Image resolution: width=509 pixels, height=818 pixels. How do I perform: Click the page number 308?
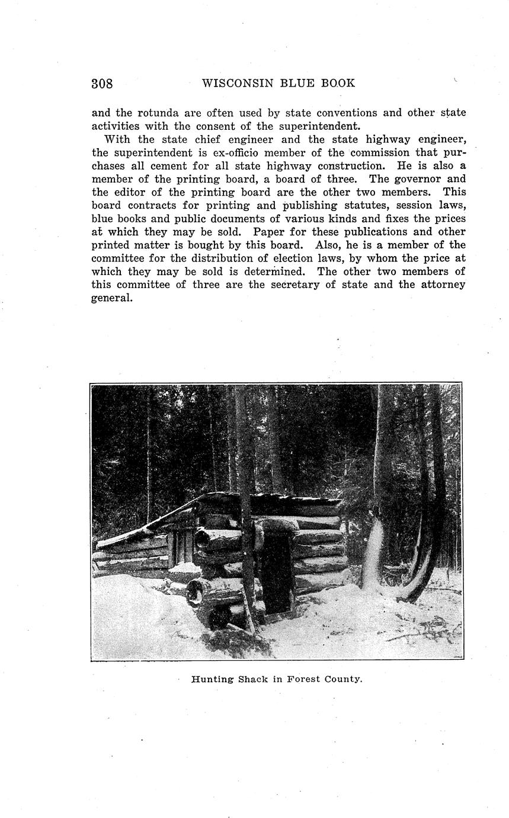tap(102, 84)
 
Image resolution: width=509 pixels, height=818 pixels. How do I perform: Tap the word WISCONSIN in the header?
tap(235, 83)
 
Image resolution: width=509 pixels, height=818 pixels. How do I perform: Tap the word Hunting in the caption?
tap(212, 679)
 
